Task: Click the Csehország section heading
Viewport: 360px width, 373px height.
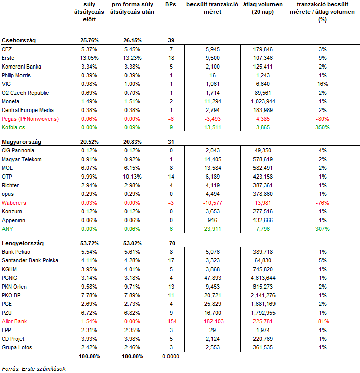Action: click(x=18, y=40)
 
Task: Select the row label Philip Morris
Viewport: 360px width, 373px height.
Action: click(x=16, y=75)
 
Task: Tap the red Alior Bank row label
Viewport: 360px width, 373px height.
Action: click(x=14, y=321)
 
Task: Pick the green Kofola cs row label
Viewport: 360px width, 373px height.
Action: click(x=13, y=127)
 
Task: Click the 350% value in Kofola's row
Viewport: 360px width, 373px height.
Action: click(x=323, y=127)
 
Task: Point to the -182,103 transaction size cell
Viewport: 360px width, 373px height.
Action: click(x=213, y=321)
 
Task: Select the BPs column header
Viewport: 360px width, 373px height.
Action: click(x=171, y=4)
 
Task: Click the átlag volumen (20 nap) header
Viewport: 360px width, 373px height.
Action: click(x=263, y=8)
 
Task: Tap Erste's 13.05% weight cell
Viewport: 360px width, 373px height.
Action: click(x=89, y=58)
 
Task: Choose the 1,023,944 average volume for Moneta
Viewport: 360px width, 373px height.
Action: click(x=263, y=102)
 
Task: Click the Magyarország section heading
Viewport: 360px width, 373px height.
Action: click(x=22, y=142)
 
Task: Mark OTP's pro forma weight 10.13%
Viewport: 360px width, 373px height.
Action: click(x=133, y=177)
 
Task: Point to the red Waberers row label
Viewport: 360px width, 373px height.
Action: click(x=14, y=203)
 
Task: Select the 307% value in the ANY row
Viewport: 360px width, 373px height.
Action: click(x=323, y=229)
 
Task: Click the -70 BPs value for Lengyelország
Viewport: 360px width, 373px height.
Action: click(x=171, y=243)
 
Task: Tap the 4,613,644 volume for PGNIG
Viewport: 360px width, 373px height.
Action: click(x=263, y=278)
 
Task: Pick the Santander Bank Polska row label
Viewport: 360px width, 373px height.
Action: click(x=30, y=260)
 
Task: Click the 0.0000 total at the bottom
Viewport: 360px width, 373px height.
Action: click(x=171, y=356)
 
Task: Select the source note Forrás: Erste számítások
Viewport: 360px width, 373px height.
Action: click(x=34, y=369)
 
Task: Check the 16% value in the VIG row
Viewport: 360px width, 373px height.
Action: click(x=323, y=84)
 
